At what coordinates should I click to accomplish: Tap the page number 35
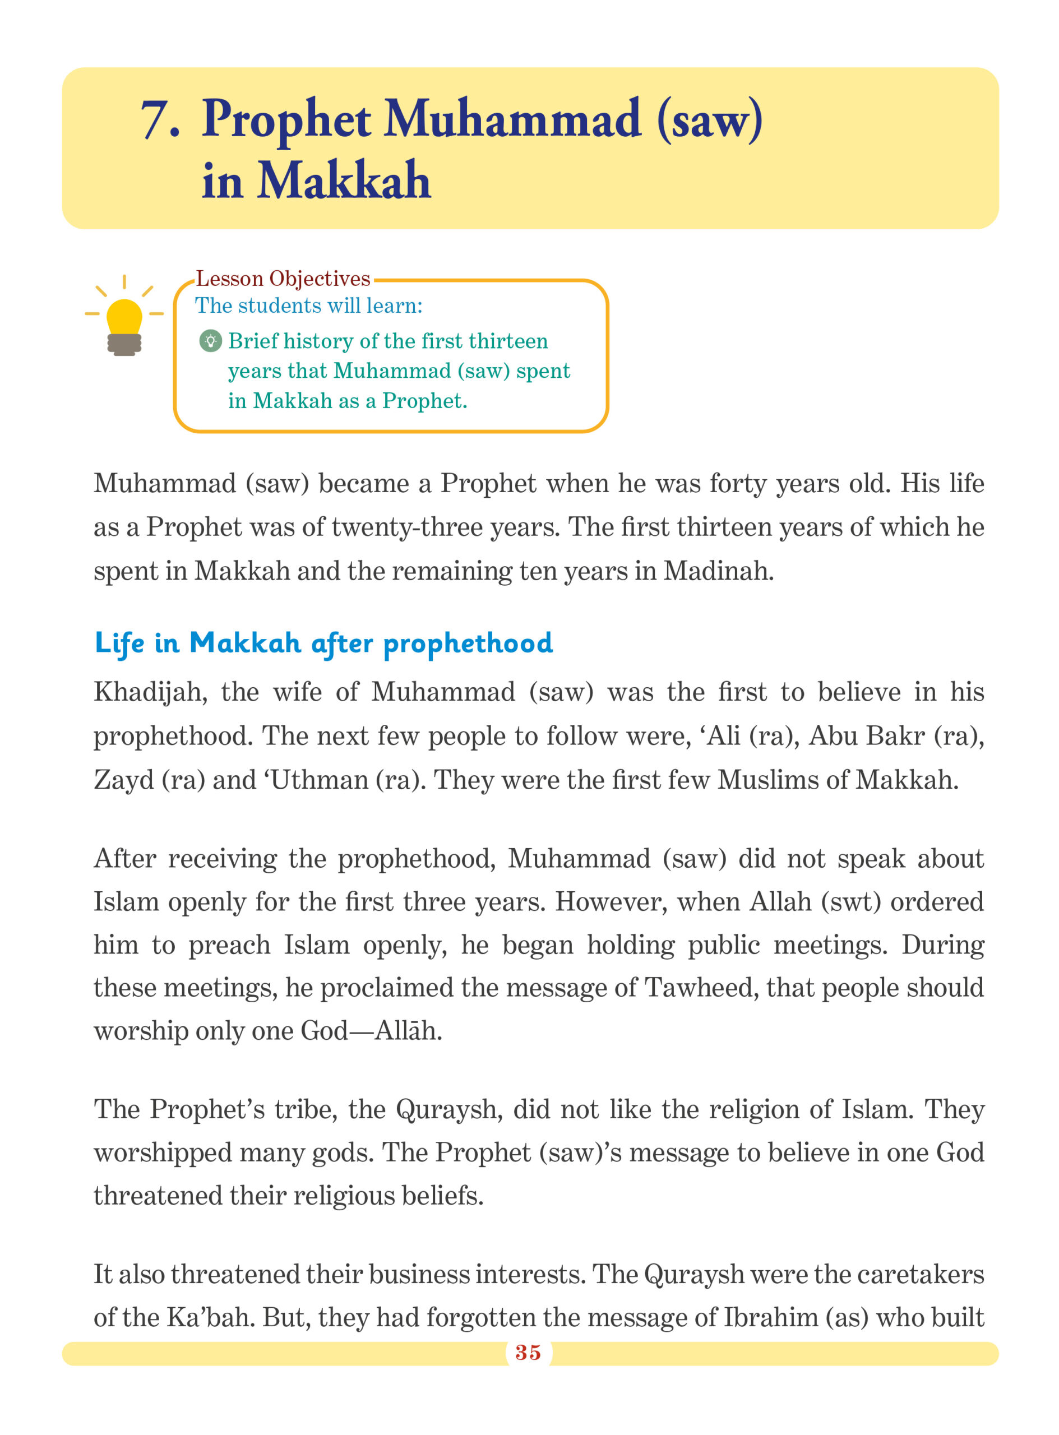528,1353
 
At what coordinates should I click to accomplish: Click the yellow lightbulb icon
124,318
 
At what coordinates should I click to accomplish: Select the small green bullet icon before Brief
210,341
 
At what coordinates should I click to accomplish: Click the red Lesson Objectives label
283,279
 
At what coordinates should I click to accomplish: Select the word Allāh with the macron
408,1031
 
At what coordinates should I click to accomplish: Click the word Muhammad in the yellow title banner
511,120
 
